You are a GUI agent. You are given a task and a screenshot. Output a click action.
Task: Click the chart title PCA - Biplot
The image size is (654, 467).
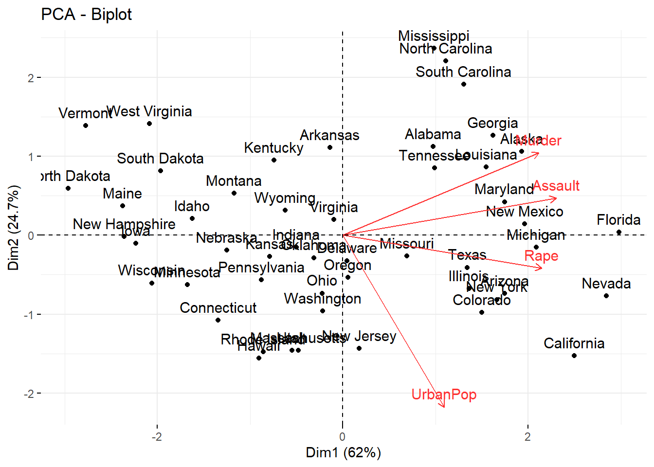86,15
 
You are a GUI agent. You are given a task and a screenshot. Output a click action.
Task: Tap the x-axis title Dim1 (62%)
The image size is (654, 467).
343,452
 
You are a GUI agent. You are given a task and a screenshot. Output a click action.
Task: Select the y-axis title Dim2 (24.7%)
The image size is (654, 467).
13,227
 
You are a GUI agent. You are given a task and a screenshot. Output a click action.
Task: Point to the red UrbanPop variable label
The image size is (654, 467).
443,394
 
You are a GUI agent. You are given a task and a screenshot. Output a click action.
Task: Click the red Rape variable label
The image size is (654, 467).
541,256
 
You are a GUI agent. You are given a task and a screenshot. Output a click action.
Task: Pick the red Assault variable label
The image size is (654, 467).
556,186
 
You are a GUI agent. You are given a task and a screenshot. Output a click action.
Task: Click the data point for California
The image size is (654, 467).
574,356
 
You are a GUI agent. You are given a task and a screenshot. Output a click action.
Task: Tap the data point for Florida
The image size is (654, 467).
619,232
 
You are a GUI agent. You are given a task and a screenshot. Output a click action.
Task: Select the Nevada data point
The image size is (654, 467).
606,296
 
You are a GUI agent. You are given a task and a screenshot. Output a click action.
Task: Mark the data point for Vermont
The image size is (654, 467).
86,126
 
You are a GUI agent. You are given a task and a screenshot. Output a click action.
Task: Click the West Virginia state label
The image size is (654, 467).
149,111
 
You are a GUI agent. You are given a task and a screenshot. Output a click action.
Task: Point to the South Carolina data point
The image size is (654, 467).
464,84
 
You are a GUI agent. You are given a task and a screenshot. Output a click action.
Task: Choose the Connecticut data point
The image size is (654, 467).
218,320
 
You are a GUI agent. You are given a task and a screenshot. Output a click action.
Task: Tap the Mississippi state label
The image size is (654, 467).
434,36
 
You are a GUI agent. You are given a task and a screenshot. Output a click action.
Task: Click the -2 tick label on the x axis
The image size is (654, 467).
157,437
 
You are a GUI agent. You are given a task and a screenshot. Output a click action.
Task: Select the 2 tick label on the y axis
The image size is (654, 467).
31,78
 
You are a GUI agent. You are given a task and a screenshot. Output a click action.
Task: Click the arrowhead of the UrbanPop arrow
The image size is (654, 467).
444,406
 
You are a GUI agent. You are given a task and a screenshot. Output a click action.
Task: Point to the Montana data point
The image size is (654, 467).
234,193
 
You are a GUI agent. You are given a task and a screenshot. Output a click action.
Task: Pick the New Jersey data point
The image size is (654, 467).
359,348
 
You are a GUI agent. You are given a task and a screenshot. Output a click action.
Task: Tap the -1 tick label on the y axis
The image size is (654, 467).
29,315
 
